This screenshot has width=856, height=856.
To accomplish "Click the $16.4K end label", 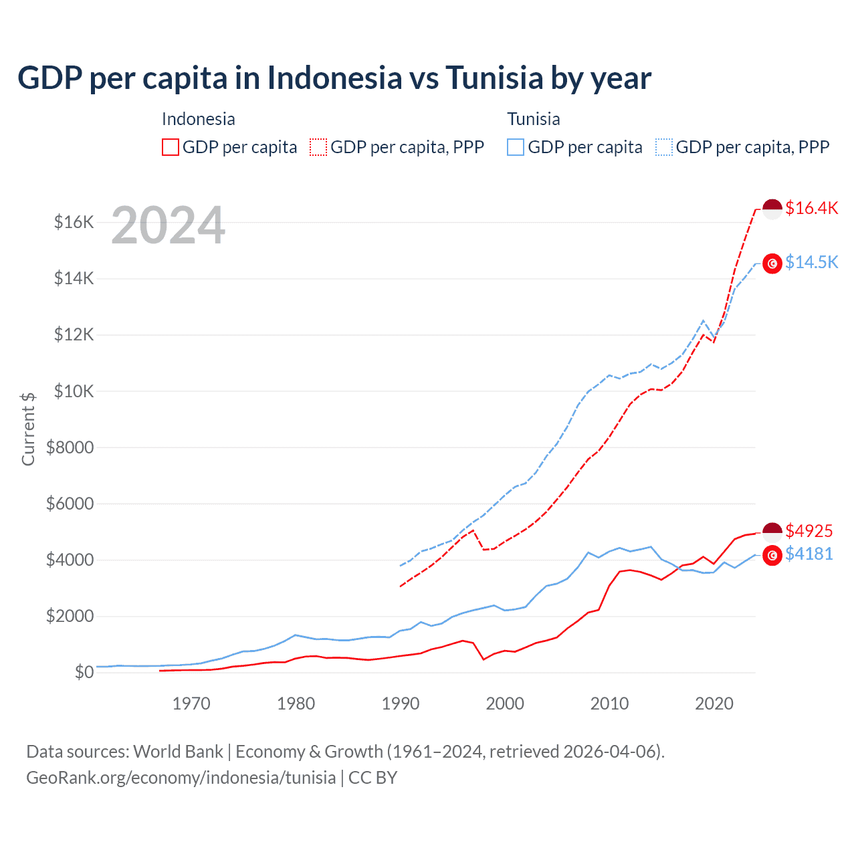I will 811,209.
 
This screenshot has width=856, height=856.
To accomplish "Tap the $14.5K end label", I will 811,262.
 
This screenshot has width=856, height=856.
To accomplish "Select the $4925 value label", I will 809,531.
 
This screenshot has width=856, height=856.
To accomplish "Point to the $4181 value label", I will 809,554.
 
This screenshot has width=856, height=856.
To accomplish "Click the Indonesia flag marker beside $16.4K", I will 772,209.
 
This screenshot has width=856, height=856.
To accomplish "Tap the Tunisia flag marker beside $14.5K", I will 772,264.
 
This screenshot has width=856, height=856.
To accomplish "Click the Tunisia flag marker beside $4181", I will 772,555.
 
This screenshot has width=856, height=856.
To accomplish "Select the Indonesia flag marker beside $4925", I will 772,532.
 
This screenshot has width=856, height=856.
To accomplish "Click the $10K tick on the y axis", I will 74,391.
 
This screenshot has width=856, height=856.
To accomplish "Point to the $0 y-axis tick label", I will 84,672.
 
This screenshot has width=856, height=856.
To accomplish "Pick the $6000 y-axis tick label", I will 70,504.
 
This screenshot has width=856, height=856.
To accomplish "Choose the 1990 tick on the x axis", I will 400,704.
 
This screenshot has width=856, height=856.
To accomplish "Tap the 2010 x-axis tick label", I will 609,704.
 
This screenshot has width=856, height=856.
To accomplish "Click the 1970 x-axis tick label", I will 191,704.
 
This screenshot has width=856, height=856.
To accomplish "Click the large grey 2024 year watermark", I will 168,225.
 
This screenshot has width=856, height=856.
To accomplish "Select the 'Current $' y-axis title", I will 28,429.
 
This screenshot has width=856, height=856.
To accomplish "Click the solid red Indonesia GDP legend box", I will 171,147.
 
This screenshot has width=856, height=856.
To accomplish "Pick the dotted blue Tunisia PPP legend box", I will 664,147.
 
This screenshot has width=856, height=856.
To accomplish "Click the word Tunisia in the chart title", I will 494,78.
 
